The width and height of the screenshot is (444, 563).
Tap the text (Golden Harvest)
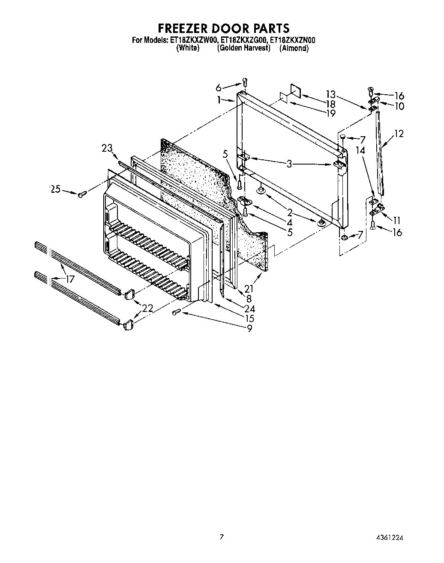pos(243,48)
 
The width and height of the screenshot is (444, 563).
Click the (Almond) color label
pos(294,48)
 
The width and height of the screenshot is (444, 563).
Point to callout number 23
pos(107,148)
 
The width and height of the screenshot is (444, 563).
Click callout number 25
pos(56,189)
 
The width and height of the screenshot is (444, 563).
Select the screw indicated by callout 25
pos(82,194)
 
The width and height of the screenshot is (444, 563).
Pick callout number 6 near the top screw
pos(219,88)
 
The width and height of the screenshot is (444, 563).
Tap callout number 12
pos(399,134)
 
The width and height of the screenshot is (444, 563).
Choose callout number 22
pos(147,308)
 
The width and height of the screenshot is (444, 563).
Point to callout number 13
pos(330,94)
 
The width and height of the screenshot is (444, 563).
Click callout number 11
pos(396,220)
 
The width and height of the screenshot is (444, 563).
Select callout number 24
pos(249,308)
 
